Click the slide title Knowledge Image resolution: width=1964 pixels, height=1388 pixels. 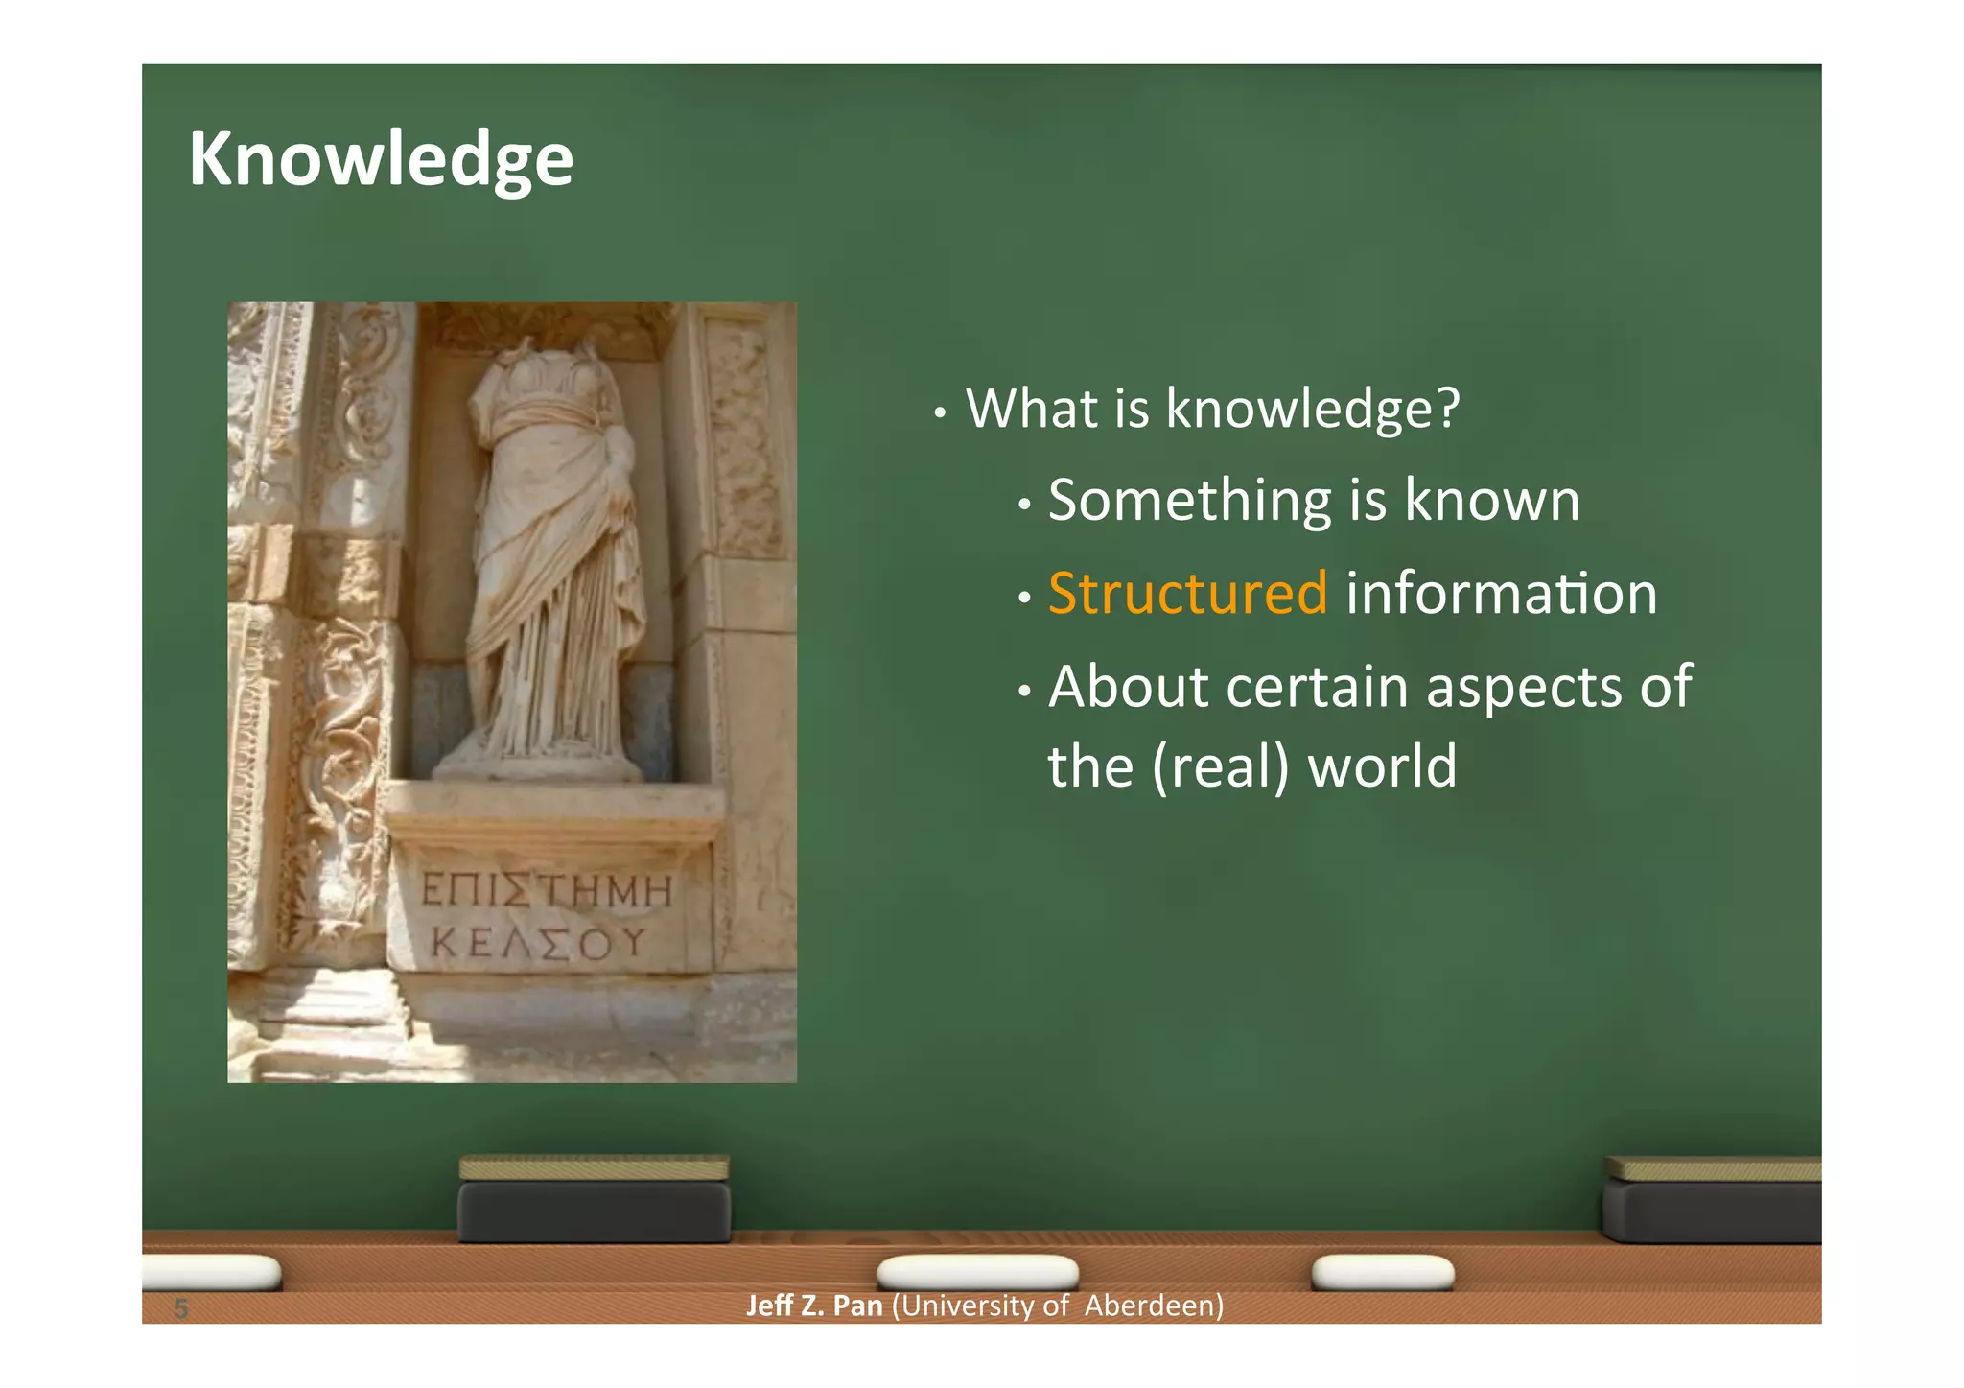coord(381,159)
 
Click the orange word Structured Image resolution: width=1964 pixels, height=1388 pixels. coord(1187,593)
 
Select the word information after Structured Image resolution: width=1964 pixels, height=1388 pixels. coord(1501,593)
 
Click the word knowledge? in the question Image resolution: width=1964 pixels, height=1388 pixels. coord(1312,409)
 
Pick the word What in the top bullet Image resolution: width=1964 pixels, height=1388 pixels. coord(1031,409)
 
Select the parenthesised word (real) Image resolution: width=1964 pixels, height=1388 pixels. coord(1220,767)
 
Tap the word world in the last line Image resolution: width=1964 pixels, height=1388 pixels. coord(1382,767)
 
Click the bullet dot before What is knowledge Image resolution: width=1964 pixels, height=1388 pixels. coord(941,414)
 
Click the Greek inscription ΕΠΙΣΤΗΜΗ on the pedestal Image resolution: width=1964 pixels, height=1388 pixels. coord(547,891)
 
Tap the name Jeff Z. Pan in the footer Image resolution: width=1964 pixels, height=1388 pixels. coord(814,1306)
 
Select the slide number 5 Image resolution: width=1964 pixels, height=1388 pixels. coord(180,1308)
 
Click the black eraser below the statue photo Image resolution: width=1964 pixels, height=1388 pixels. coord(594,1211)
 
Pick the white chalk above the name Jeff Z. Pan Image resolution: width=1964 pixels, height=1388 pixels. coord(977,1272)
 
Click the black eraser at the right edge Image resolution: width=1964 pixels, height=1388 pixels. coord(1712,1211)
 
